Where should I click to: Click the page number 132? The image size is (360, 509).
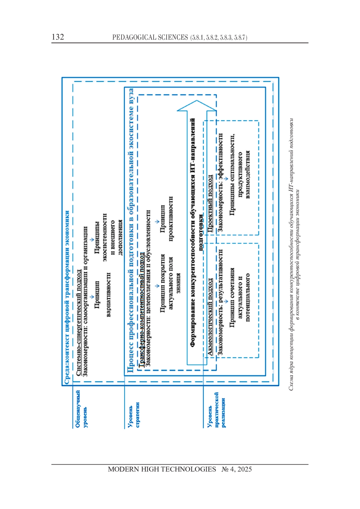pos(58,37)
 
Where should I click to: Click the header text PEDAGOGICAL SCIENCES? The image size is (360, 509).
pos(150,37)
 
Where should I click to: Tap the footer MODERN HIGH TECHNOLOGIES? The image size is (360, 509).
pos(162,469)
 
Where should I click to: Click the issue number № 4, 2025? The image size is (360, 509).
pos(237,469)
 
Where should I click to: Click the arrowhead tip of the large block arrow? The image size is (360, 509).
pos(196,100)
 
